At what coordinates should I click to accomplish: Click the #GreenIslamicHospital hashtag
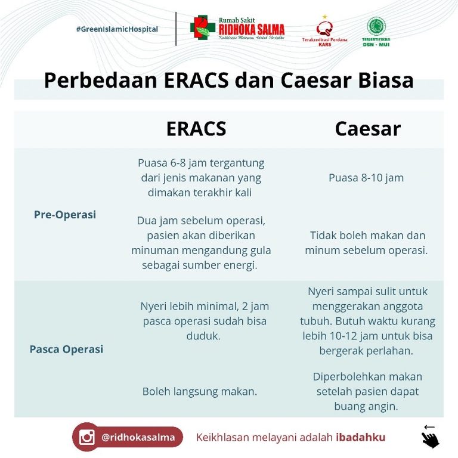point(117,29)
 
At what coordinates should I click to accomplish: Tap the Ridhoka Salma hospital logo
point(237,28)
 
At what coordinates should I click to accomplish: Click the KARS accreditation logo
point(324,30)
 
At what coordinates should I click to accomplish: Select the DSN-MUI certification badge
point(376,31)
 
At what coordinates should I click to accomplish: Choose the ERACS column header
point(196,129)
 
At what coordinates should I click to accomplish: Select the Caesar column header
point(367,129)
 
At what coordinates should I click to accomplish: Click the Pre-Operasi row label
point(65,215)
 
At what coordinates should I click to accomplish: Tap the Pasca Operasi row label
point(66,349)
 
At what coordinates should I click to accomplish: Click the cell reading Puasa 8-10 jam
point(366,178)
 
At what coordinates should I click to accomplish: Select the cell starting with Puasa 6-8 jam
point(200,178)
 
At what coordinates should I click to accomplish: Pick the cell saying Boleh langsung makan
point(199,392)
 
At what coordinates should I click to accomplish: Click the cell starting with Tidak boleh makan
point(366,243)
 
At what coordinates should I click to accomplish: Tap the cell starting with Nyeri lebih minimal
point(205,321)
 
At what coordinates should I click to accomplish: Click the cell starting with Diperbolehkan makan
point(367,392)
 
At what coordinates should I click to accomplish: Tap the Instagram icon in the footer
point(87,437)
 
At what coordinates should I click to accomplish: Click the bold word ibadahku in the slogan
point(360,437)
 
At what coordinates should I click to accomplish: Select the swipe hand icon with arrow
point(430,437)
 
